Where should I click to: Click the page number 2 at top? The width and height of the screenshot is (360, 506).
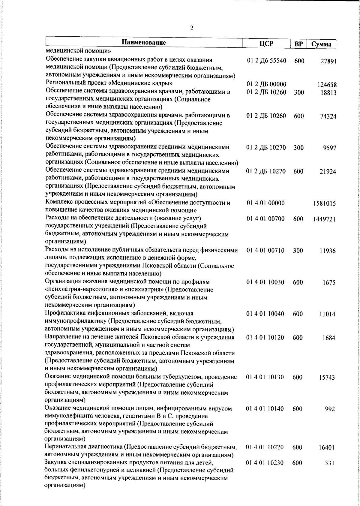[192, 28]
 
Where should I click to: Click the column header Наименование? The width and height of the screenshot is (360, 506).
[144, 42]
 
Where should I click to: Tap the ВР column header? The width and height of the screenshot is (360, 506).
[298, 44]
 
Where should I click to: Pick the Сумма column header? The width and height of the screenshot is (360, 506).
[321, 44]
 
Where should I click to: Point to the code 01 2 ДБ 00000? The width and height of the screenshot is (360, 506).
[266, 84]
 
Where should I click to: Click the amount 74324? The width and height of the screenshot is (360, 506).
[327, 116]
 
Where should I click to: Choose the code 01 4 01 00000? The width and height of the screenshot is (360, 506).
[265, 203]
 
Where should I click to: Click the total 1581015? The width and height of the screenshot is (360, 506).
[324, 204]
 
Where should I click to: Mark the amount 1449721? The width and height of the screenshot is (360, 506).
[324, 220]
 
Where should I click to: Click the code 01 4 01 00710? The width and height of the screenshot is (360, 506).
[265, 251]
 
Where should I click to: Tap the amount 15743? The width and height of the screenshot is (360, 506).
[327, 378]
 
